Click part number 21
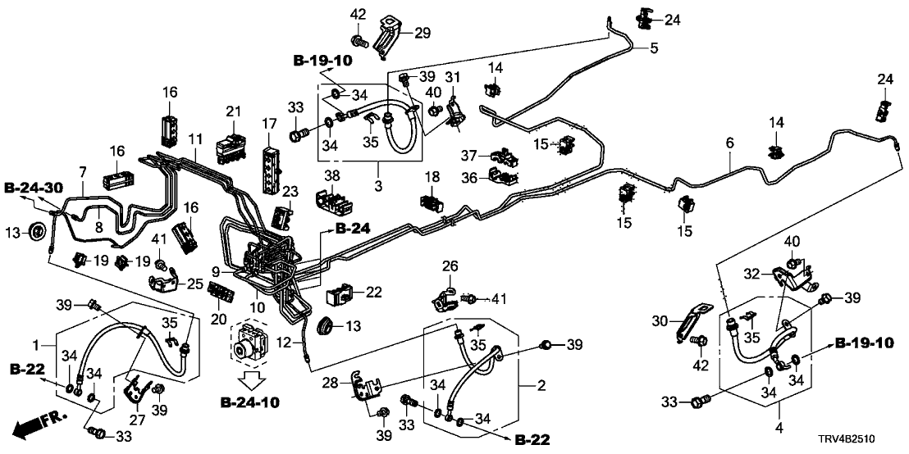233,111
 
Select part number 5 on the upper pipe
654,49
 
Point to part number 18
432,177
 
